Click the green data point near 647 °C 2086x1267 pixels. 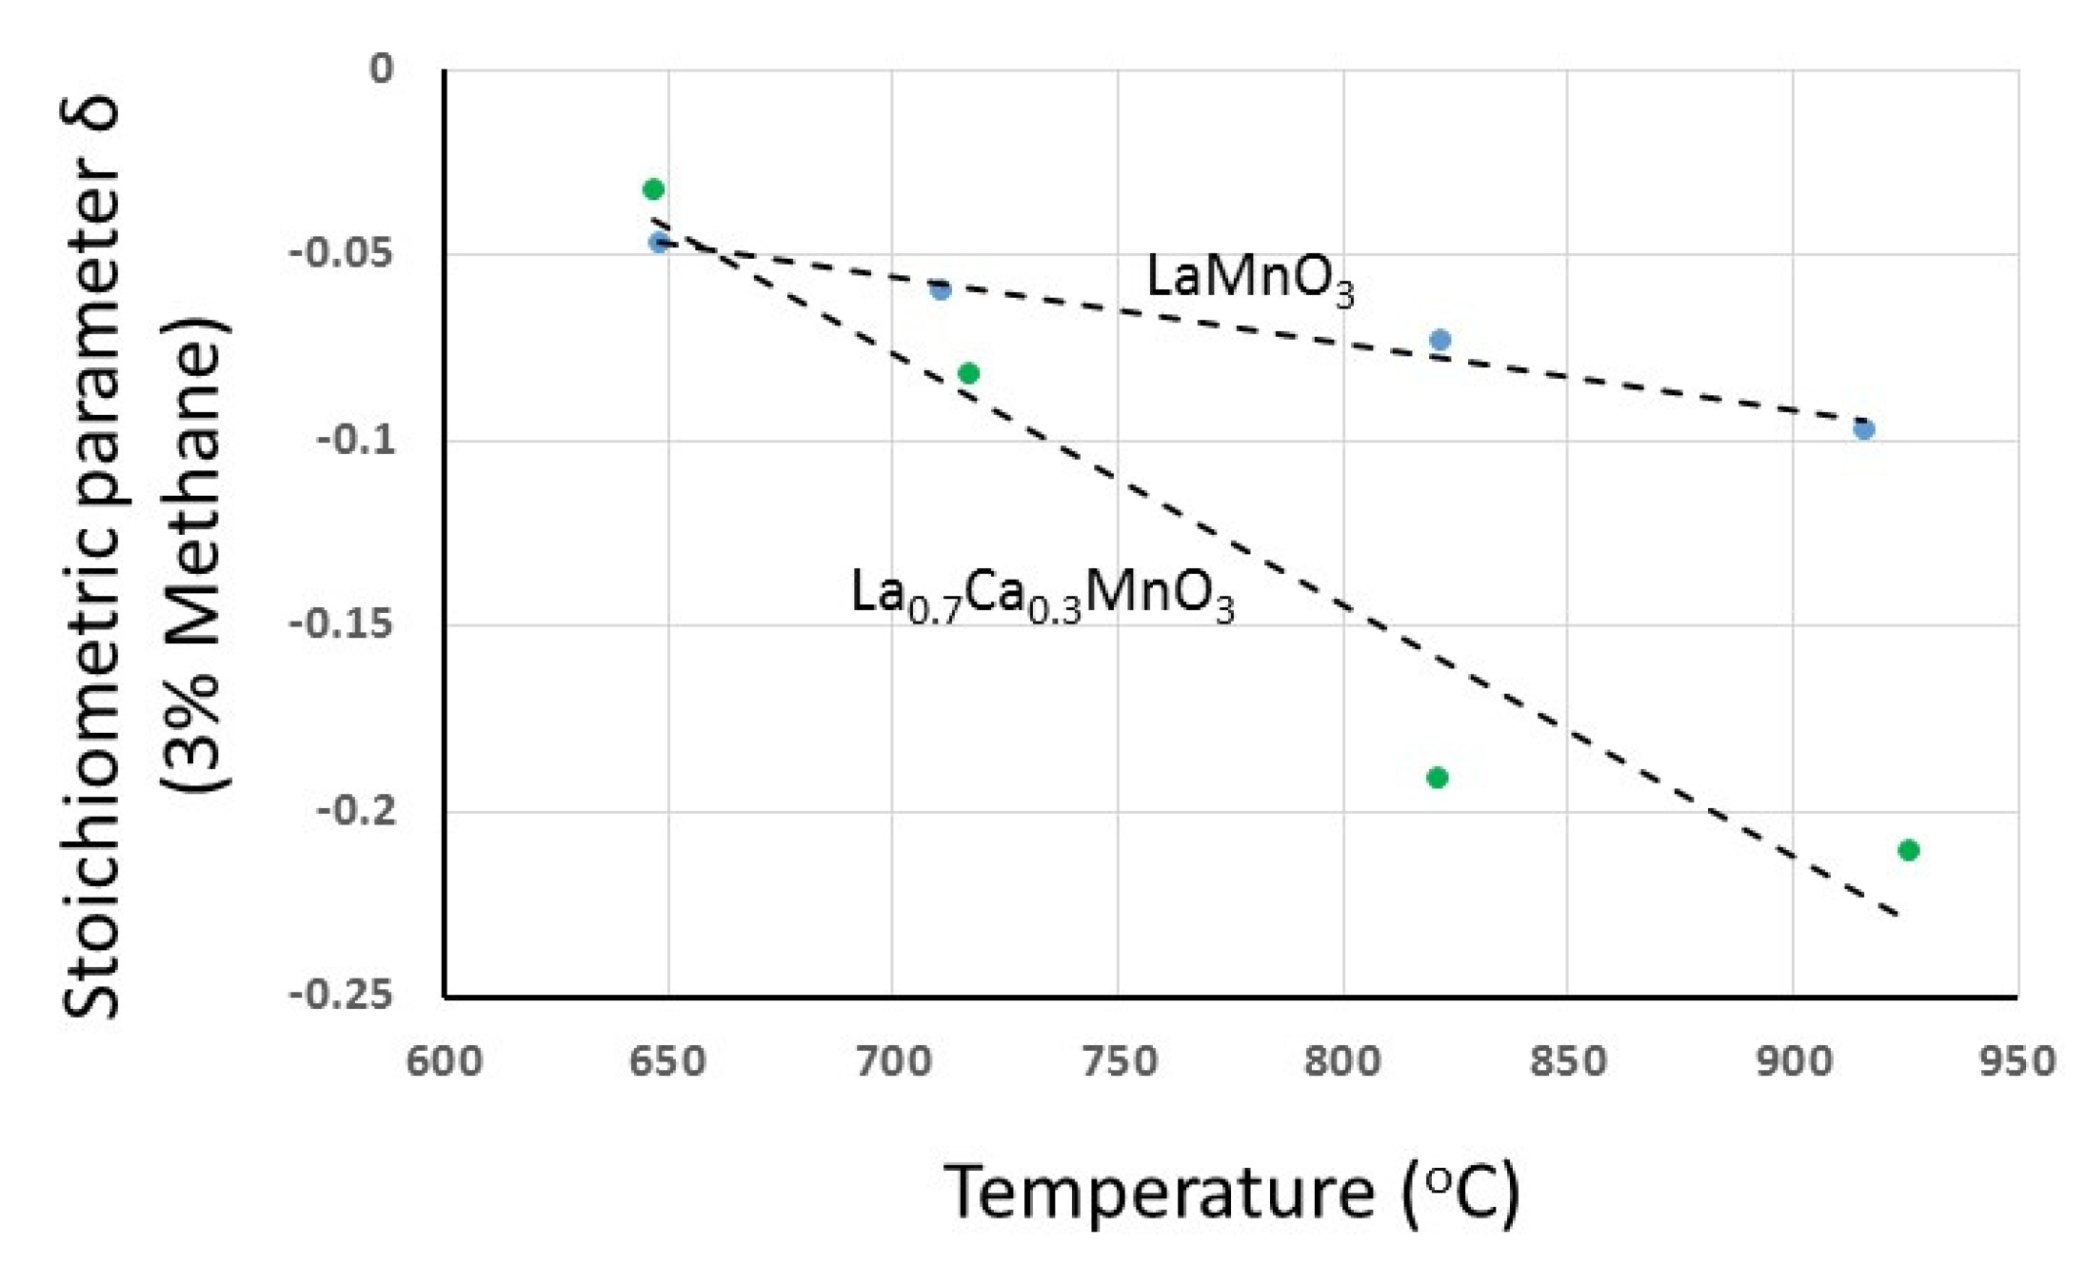coord(653,189)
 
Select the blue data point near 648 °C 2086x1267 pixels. coord(659,242)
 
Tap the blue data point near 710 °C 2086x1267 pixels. coord(941,289)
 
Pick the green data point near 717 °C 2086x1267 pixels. coord(968,373)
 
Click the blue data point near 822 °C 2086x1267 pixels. coord(1440,340)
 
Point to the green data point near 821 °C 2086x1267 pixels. coord(1438,778)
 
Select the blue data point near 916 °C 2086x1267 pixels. coord(1864,429)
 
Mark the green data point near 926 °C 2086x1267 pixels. coord(1909,850)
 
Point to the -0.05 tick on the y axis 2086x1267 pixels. coord(342,254)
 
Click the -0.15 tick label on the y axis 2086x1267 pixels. coord(342,625)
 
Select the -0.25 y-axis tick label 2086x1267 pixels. coord(342,996)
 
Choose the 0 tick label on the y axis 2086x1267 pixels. coord(382,69)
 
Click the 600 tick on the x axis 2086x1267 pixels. coord(445,1060)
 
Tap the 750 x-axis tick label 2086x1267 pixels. coord(1119,1060)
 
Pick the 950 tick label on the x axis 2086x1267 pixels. coord(2017,1060)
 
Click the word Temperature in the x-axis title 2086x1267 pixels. coord(1160,1192)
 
